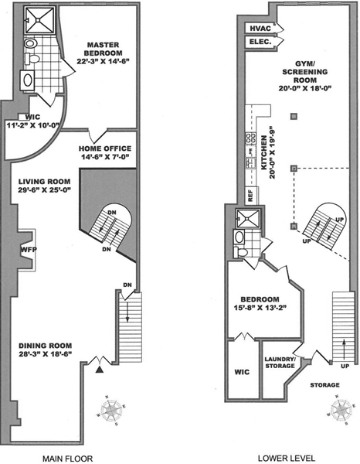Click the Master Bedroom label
coord(104,49)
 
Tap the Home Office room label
coord(105,148)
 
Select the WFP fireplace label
coord(29,250)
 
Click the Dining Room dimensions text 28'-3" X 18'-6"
coord(46,353)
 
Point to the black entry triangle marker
coord(100,370)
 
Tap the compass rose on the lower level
coord(341,411)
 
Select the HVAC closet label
coord(260,29)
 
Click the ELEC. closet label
coord(260,42)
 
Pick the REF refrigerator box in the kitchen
coord(251,196)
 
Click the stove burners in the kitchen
coord(251,139)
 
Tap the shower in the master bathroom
coord(39,20)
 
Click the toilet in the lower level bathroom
coord(240,252)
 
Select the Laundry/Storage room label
coord(280,363)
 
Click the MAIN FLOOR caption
coord(68,459)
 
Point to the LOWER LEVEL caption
coord(287,459)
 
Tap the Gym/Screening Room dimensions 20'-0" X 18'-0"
coord(304,88)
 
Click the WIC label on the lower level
coord(242,372)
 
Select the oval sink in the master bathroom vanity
coord(28,80)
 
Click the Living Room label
coord(45,182)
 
